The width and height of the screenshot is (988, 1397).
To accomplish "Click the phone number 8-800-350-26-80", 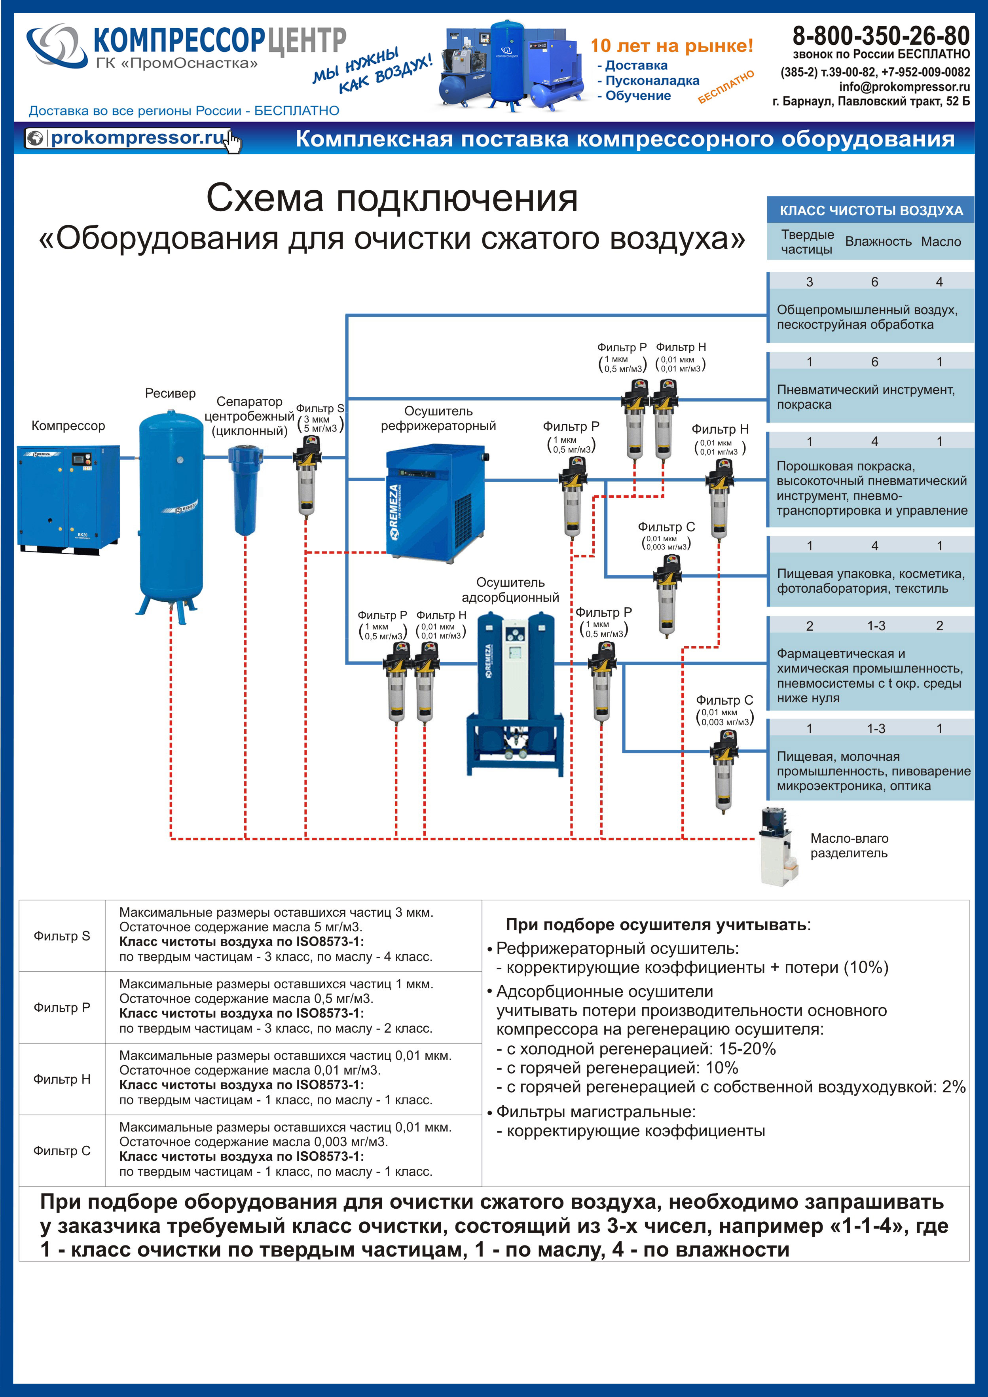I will coord(880,36).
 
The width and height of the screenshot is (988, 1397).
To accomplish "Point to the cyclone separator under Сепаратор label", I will coord(245,490).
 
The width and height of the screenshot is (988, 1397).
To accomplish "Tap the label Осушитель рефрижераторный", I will coord(438,419).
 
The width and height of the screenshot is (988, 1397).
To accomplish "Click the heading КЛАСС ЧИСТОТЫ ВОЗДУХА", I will coord(871,210).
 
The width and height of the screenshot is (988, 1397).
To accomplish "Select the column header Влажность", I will coord(878,242).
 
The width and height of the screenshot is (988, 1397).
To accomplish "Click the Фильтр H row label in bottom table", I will coord(61,1079).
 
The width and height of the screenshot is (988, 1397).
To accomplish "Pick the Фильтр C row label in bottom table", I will coord(61,1151).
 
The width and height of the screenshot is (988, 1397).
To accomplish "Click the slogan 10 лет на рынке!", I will coord(671,45).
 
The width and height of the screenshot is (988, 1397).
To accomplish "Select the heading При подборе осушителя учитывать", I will coord(657,925).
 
